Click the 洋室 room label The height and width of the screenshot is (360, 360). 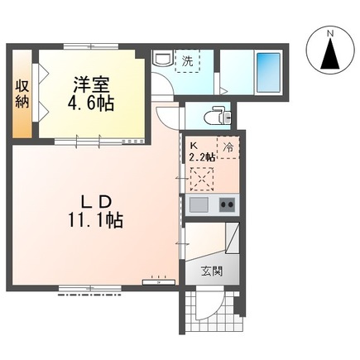[x=91, y=84]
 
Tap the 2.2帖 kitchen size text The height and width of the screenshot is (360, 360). [x=202, y=156]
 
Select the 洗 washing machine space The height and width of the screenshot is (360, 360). [x=188, y=60]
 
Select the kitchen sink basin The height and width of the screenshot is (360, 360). [x=199, y=204]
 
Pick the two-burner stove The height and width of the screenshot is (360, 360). [x=226, y=204]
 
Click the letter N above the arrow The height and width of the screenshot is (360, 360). [x=330, y=33]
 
